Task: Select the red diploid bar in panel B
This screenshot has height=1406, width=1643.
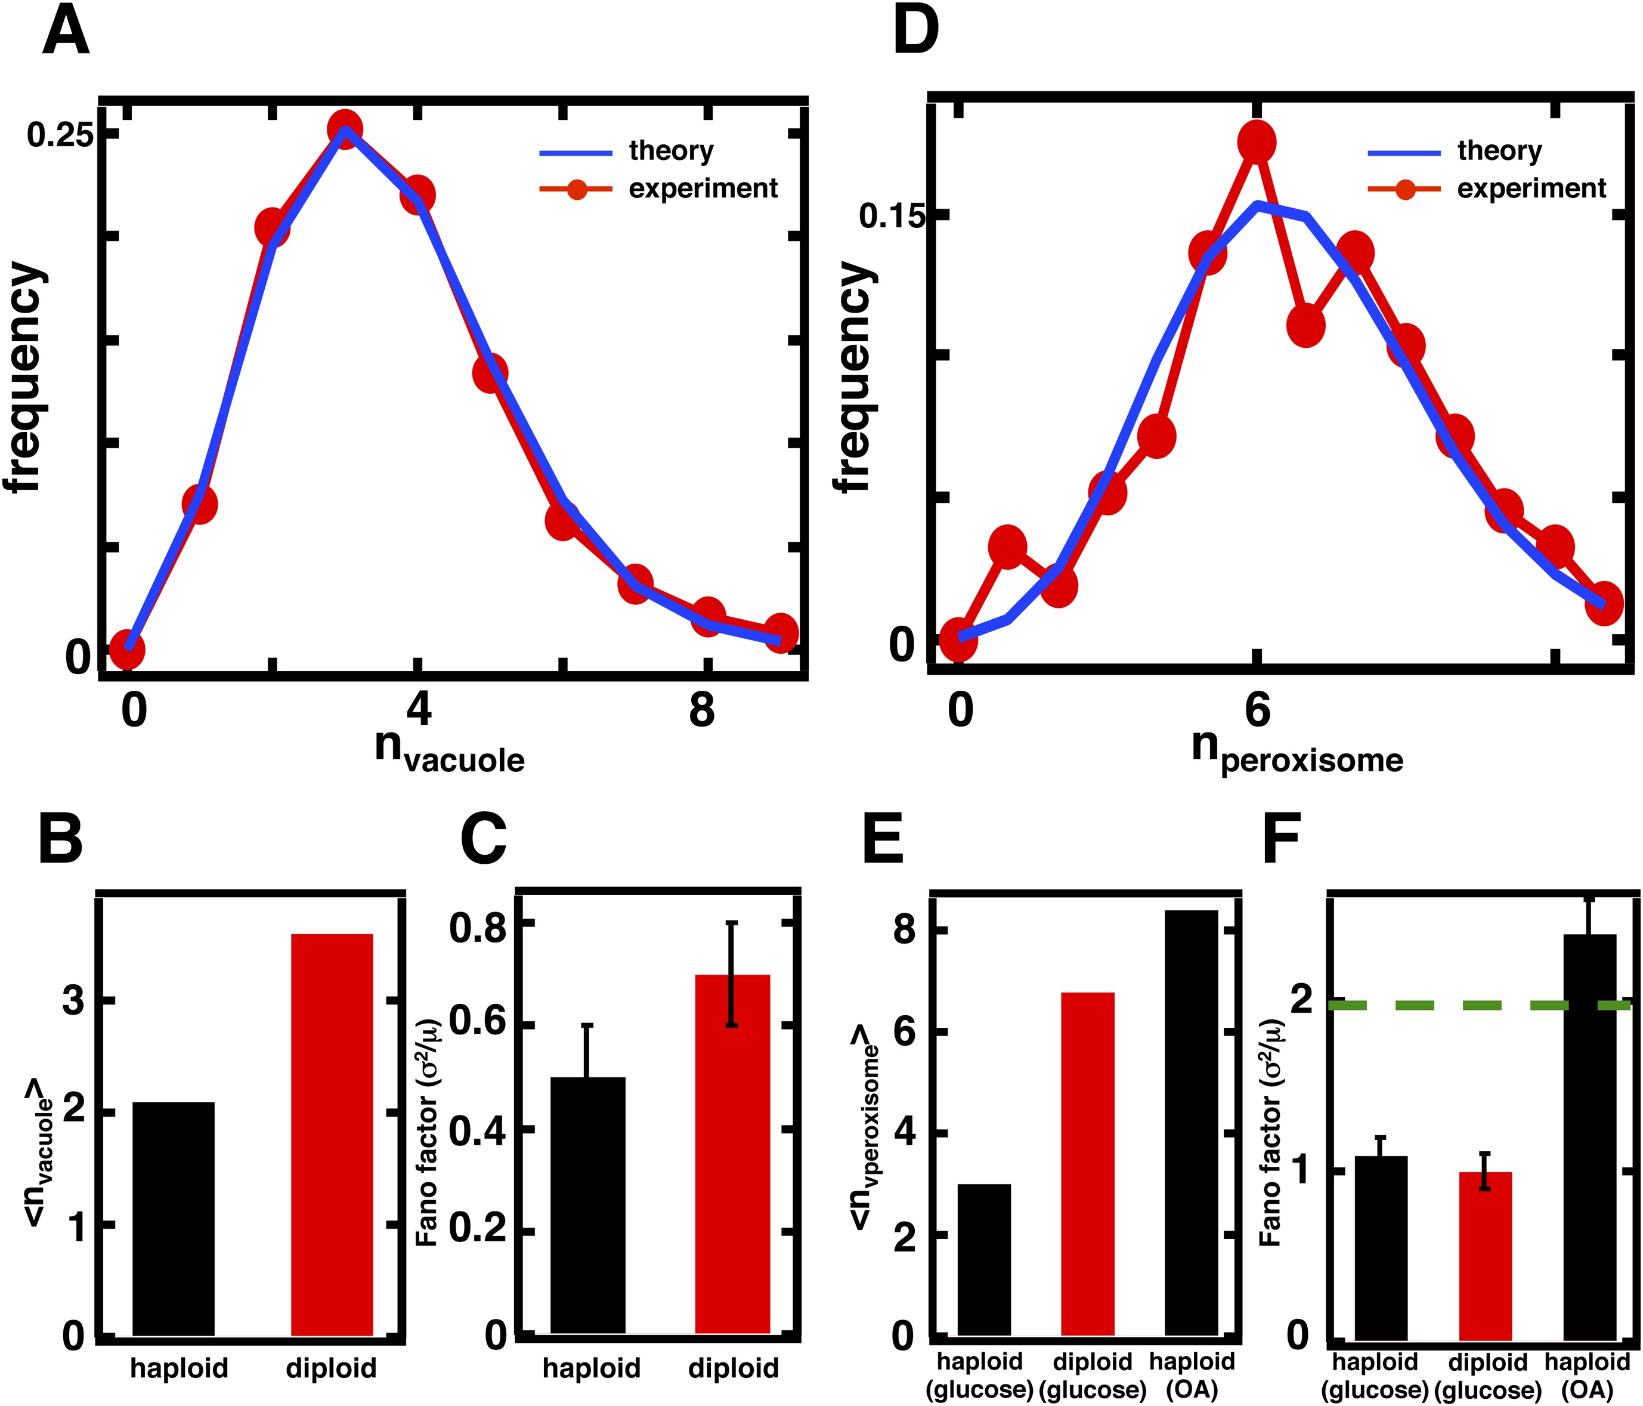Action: click(x=332, y=1134)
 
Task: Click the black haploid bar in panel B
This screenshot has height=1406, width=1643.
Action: click(x=173, y=1217)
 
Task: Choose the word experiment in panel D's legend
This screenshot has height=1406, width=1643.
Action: click(x=1531, y=188)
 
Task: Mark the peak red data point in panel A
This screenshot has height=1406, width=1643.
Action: click(x=344, y=128)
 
